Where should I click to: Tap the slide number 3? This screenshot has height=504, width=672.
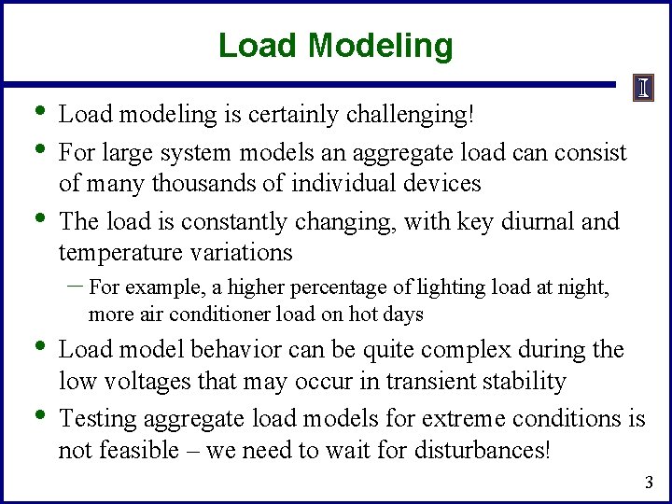[x=650, y=483]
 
